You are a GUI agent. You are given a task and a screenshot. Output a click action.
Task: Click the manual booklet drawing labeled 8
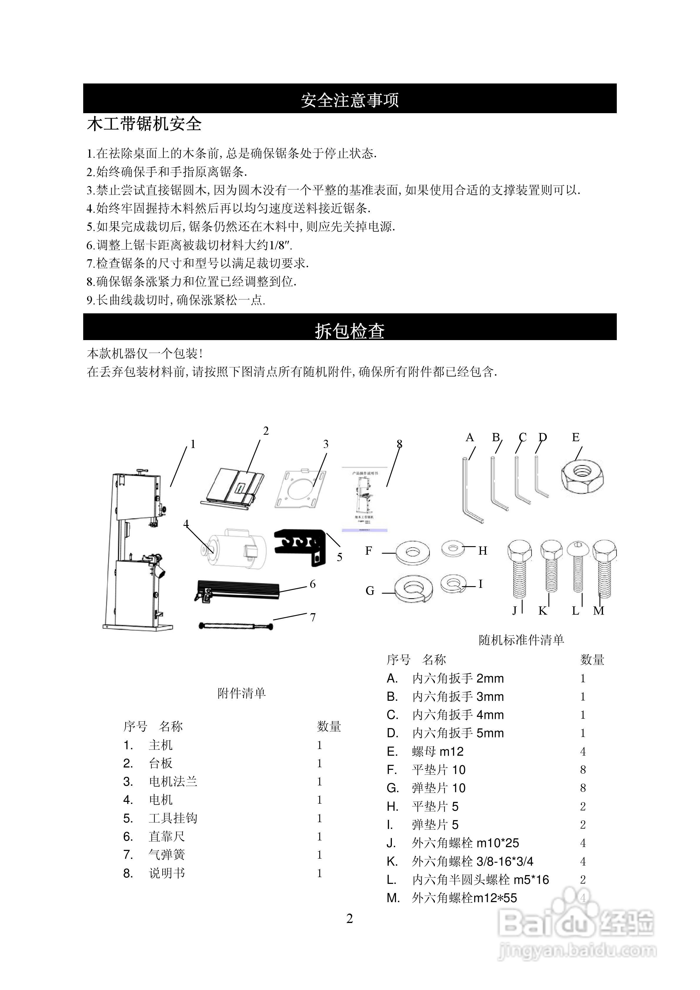pyautogui.click(x=365, y=498)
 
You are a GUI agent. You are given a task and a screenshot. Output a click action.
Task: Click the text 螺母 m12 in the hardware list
pyautogui.click(x=438, y=752)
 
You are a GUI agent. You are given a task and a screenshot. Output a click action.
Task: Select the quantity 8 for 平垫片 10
pyautogui.click(x=583, y=770)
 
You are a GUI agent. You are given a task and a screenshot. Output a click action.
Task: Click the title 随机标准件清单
pyautogui.click(x=522, y=640)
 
